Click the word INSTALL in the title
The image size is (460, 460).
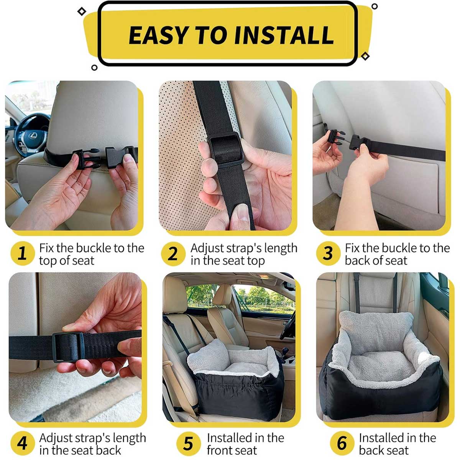click(x=284, y=35)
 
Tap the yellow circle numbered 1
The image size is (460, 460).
click(x=22, y=253)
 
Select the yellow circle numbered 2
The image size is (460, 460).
click(x=173, y=253)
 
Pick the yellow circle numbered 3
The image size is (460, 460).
click(x=328, y=253)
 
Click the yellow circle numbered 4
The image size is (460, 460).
click(x=22, y=443)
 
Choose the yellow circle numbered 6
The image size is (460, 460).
click(x=342, y=443)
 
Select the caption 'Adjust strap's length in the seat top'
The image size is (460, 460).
click(x=243, y=254)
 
